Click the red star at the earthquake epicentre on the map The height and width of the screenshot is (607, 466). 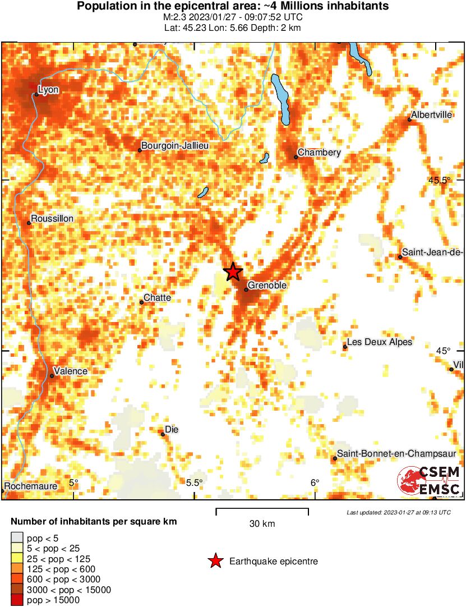tap(233, 272)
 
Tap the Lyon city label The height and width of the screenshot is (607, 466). tap(48, 89)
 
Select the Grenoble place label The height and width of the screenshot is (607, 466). tap(267, 286)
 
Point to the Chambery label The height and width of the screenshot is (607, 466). tap(319, 153)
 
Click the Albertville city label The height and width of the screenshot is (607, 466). tap(431, 115)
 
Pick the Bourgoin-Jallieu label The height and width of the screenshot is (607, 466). tap(175, 146)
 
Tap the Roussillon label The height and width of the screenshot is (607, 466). tap(53, 218)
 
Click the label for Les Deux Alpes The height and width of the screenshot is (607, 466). tap(380, 342)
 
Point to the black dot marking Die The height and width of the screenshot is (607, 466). tap(163, 434)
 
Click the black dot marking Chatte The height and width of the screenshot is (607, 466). tap(142, 302)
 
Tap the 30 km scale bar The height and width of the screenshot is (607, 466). tap(262, 511)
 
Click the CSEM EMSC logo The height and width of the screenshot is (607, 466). tap(430, 482)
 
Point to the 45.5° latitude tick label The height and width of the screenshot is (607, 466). tap(440, 181)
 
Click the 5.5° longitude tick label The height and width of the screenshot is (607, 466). tap(194, 483)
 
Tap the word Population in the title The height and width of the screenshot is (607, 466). tap(104, 7)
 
